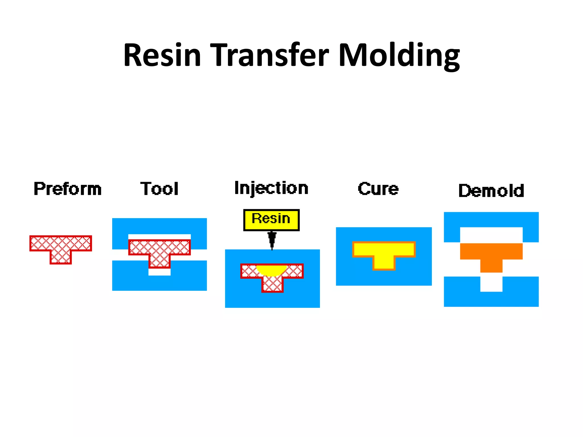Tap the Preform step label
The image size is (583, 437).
click(67, 189)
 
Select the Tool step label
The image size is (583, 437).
click(159, 189)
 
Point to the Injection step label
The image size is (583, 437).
click(271, 188)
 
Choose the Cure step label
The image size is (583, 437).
click(378, 189)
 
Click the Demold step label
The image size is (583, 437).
click(491, 191)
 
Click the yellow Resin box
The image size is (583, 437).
click(271, 220)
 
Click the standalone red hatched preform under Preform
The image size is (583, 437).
click(61, 248)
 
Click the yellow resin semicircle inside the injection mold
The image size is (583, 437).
click(272, 270)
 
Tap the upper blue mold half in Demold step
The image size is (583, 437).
click(491, 220)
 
